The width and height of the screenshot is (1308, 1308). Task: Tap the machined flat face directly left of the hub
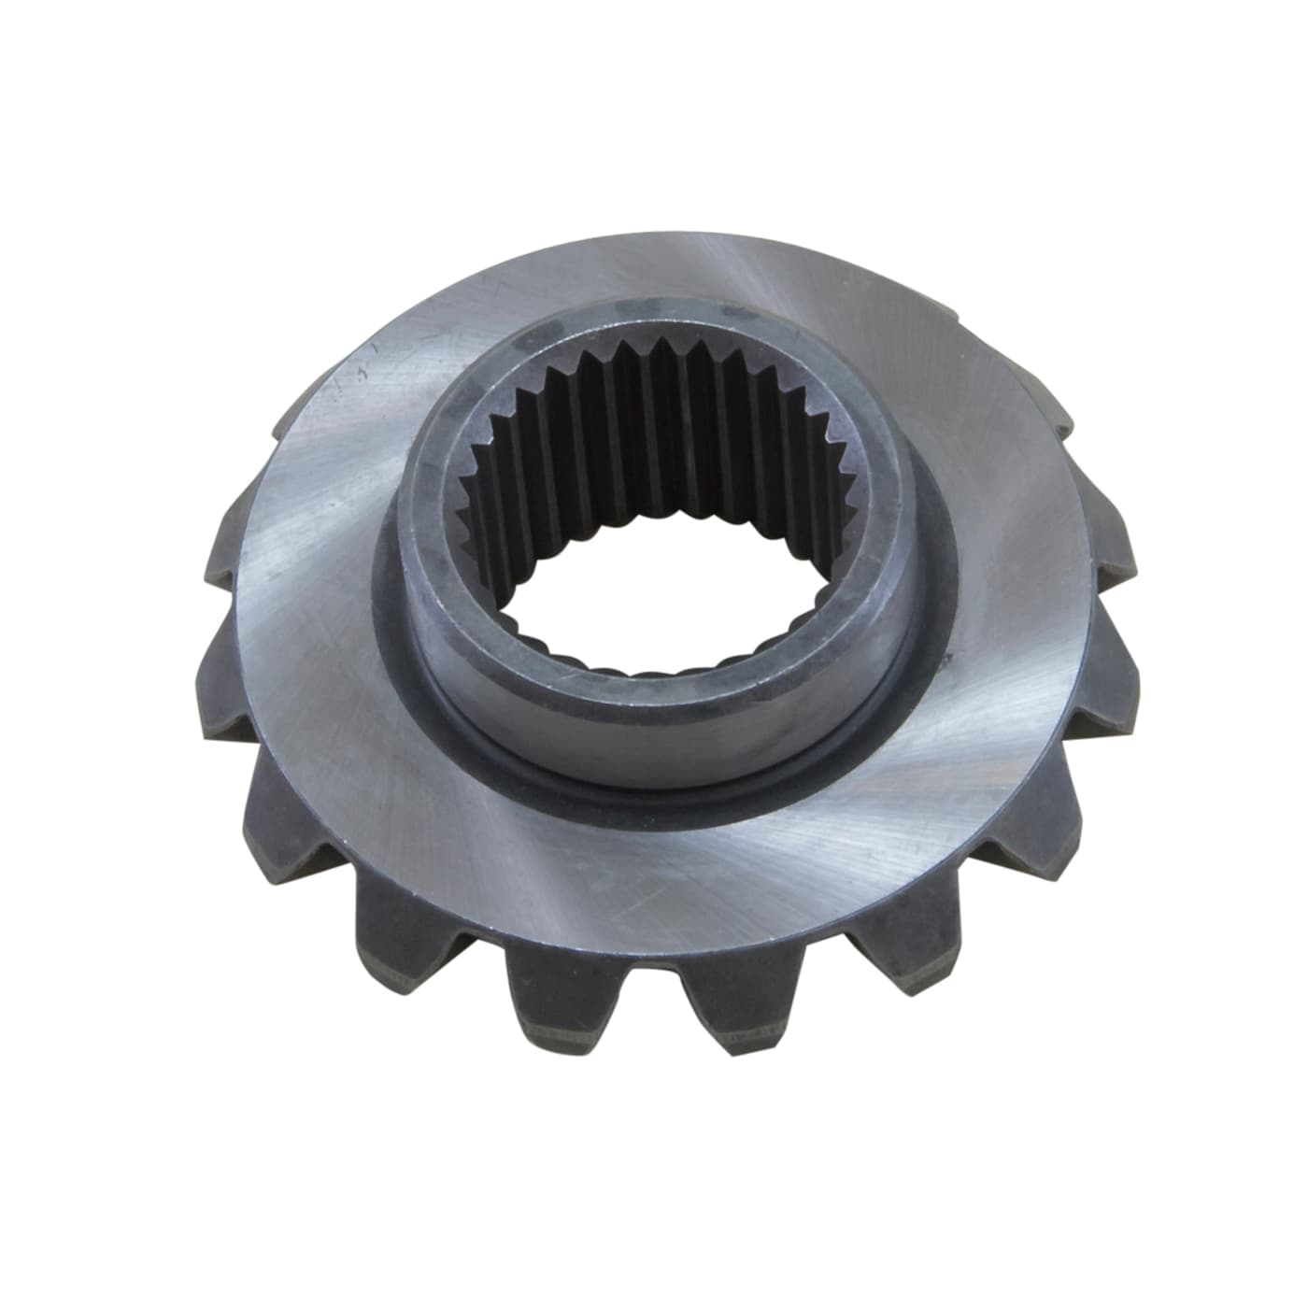point(308,607)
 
